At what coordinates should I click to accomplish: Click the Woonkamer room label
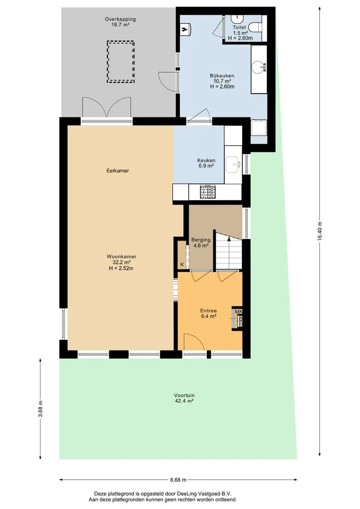point(122,256)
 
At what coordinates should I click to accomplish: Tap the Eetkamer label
point(117,171)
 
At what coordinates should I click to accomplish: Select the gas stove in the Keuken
point(207,191)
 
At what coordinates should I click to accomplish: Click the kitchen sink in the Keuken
point(233,164)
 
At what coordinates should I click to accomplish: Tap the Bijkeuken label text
point(222,75)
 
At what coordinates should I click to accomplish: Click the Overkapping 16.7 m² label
point(120,22)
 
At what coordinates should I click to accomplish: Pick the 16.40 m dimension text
point(320,231)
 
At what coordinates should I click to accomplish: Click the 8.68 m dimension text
point(178,480)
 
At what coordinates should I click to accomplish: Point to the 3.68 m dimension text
point(41,410)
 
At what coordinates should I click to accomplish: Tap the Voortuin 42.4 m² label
point(184,398)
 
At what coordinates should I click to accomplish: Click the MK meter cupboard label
point(238,312)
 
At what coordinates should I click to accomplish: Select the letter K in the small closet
point(182,264)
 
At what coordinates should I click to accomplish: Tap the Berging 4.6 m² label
point(201,243)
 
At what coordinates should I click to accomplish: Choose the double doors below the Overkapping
point(106,107)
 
